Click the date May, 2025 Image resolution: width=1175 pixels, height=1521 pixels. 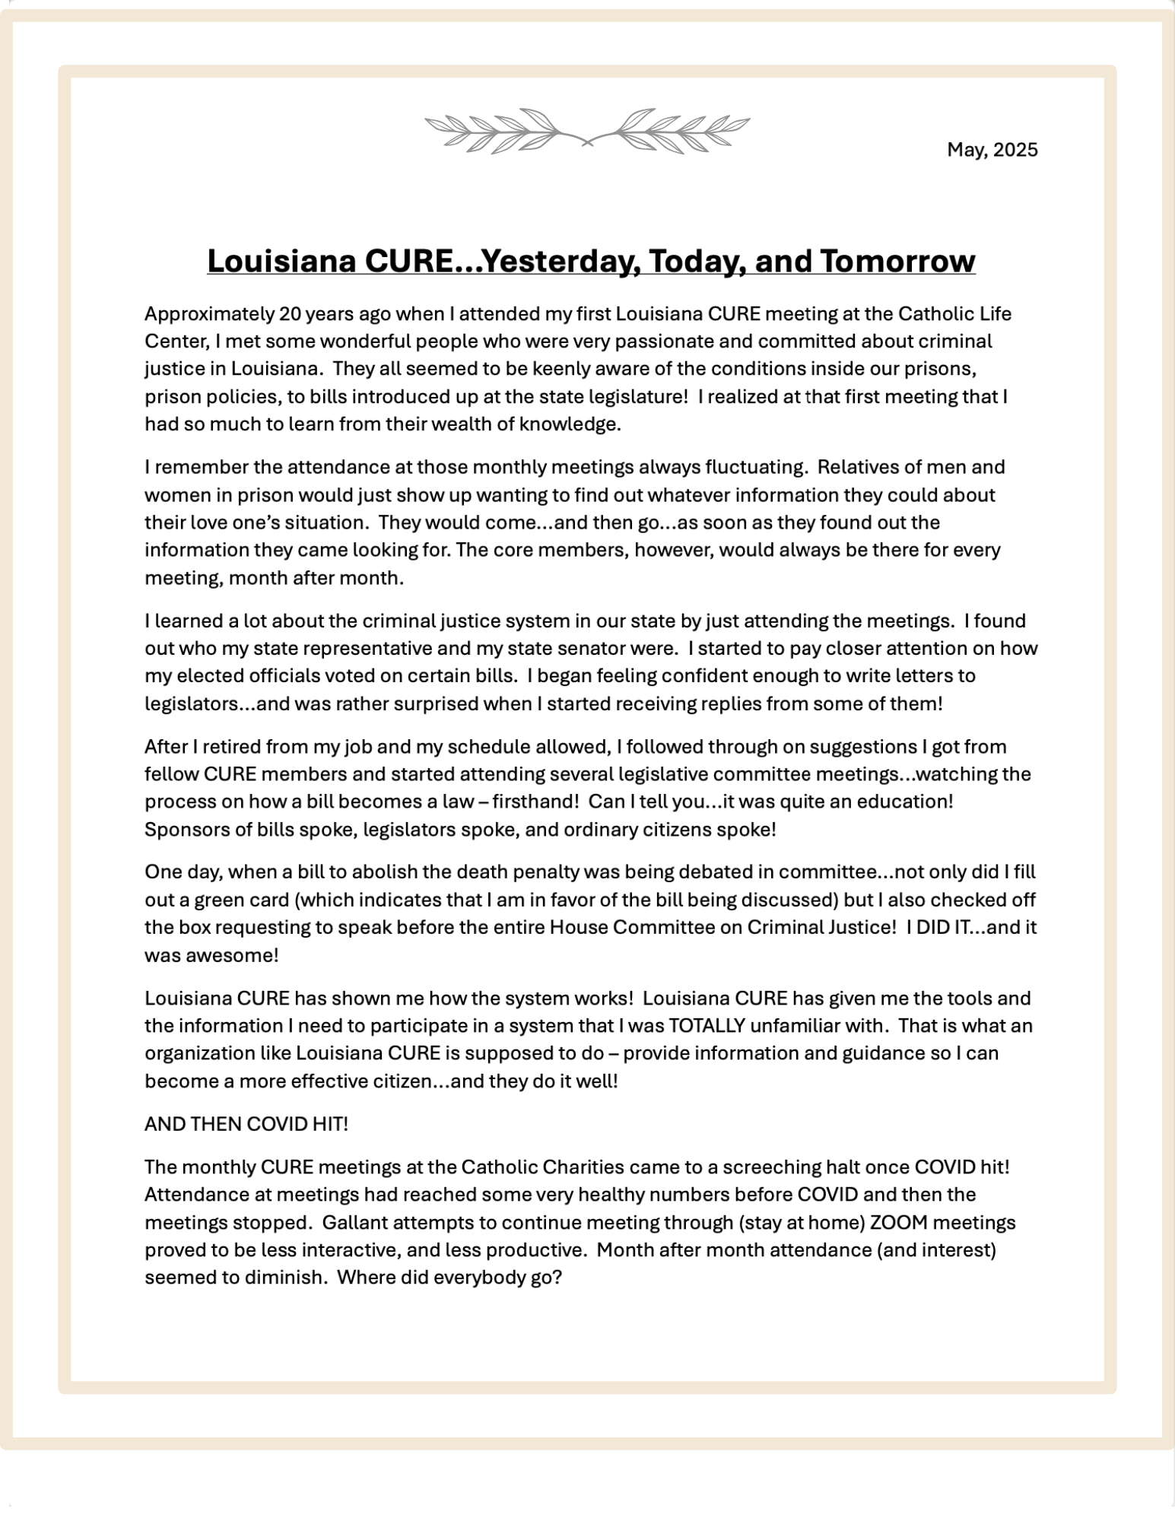(x=992, y=150)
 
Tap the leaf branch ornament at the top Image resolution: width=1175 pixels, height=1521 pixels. (x=587, y=131)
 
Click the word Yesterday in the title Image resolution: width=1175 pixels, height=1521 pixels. (x=559, y=261)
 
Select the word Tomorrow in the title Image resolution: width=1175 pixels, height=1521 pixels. (x=897, y=261)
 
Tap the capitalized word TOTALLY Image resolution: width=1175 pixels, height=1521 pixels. (x=706, y=1026)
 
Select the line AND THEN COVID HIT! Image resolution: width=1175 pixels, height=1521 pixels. (x=246, y=1124)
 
